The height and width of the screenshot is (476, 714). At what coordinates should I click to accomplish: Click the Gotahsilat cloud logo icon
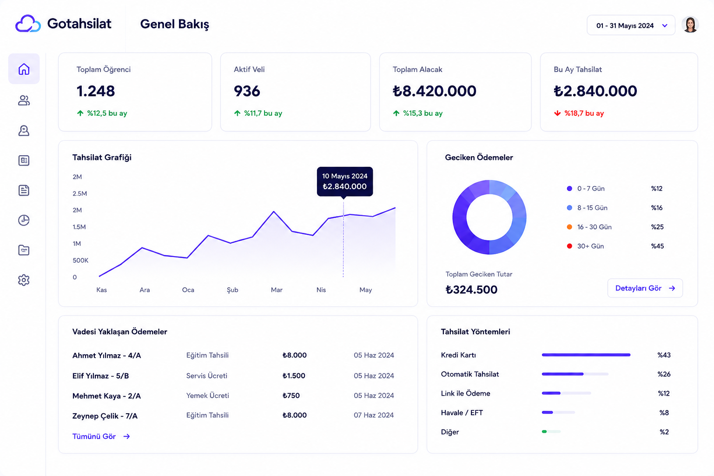(28, 24)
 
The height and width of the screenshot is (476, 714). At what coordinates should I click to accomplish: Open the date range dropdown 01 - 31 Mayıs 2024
(631, 26)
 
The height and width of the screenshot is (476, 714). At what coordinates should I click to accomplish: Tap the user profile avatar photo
(690, 25)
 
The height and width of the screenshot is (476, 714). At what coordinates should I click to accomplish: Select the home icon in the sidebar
(24, 69)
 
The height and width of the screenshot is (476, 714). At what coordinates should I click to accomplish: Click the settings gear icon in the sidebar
(24, 280)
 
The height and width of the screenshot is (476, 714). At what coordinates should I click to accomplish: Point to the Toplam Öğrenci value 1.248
(96, 91)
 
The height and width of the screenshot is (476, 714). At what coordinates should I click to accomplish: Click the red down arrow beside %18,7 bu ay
(557, 113)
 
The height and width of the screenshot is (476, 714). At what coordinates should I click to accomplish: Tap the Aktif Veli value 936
(247, 91)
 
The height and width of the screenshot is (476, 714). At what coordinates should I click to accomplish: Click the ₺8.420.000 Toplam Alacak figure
(435, 91)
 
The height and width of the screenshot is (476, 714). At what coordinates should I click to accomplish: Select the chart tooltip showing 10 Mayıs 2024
(345, 181)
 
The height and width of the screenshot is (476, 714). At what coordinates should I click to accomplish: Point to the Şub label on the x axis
(232, 290)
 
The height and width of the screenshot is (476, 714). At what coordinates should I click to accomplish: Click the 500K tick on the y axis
(80, 260)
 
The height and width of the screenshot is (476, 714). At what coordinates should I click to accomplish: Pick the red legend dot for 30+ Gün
(569, 246)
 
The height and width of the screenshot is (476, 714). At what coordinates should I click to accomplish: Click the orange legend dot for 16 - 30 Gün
(569, 227)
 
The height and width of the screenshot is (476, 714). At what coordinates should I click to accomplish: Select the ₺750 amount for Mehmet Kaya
(291, 396)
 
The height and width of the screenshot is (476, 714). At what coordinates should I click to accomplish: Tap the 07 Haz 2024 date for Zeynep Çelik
(374, 415)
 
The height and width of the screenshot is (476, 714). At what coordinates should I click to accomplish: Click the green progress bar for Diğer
(544, 432)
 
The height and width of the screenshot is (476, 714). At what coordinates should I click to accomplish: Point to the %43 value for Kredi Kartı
(664, 355)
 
